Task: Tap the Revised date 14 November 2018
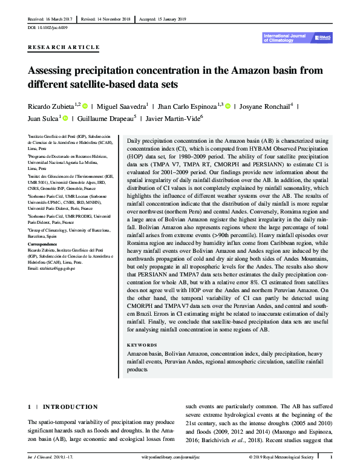coord(106,19)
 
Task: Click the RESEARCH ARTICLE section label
coord(64,47)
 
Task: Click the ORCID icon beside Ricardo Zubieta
coord(85,105)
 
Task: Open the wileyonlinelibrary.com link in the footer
coord(180,458)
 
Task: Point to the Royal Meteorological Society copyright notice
coord(282,458)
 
